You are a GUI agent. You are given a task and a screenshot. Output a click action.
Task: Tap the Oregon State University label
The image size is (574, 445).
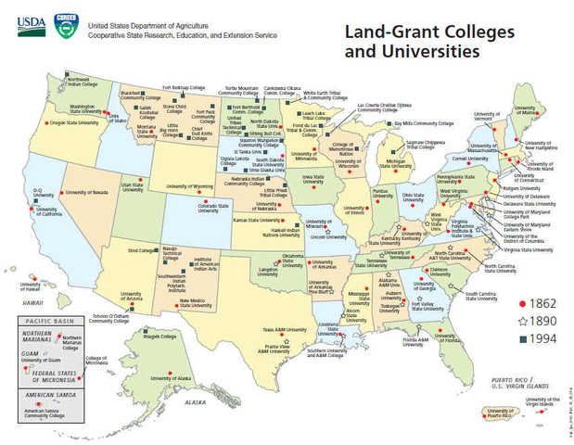click(73, 122)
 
